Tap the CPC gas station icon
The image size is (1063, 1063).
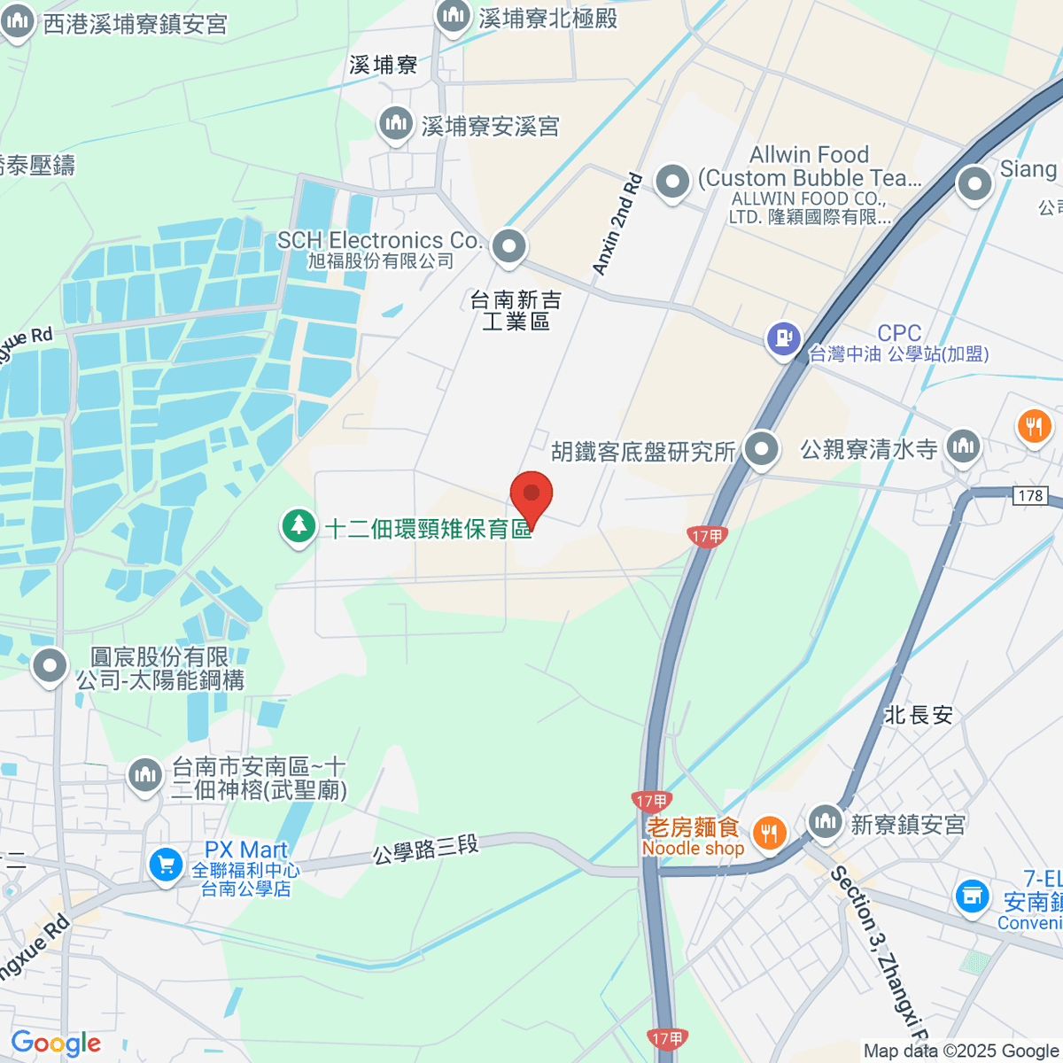[x=784, y=339]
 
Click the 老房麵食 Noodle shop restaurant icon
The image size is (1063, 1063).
[x=769, y=833]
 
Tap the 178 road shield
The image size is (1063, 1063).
[x=1030, y=495]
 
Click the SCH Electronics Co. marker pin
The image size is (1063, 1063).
[x=508, y=247]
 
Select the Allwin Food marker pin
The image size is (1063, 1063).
[x=672, y=182]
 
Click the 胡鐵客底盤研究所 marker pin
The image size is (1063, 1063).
[x=761, y=450]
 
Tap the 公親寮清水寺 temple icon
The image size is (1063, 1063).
[x=962, y=446]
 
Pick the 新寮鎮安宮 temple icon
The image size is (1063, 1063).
[x=825, y=822]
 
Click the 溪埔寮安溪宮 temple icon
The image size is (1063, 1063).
[x=395, y=125]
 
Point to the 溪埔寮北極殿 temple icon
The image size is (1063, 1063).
[x=453, y=16]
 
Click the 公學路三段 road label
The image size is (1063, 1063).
[x=425, y=850]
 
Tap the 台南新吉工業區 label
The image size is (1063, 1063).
[x=516, y=310]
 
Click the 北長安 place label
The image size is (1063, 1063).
[x=918, y=715]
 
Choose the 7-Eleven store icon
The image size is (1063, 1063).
[x=972, y=896]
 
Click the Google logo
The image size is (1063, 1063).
[x=56, y=1043]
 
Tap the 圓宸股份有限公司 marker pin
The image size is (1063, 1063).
[x=50, y=665]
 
